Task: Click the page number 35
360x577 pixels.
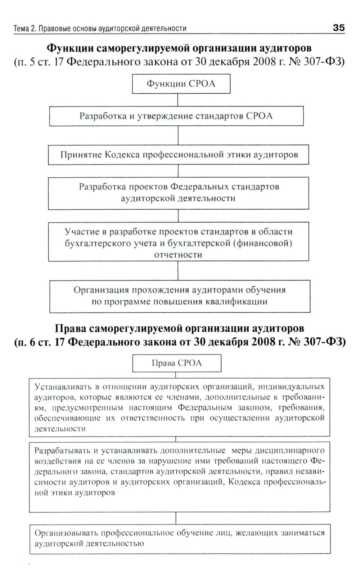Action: click(338, 28)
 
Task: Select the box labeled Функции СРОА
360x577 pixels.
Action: click(181, 84)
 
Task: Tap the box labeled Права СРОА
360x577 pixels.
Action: click(176, 363)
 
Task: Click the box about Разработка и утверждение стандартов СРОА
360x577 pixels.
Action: click(176, 116)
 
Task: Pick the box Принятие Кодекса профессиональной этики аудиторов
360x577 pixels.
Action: click(179, 155)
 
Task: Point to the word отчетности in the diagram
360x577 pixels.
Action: click(178, 255)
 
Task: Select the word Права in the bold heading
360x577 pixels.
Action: click(71, 328)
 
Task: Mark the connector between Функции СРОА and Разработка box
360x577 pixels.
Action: click(178, 100)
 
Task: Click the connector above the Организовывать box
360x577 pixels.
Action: click(176, 518)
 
